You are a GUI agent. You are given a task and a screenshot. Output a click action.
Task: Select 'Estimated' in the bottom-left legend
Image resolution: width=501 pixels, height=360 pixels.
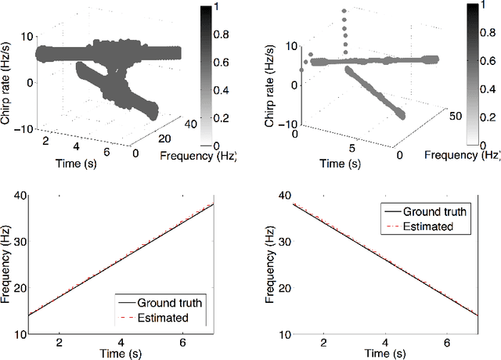point(163,318)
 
